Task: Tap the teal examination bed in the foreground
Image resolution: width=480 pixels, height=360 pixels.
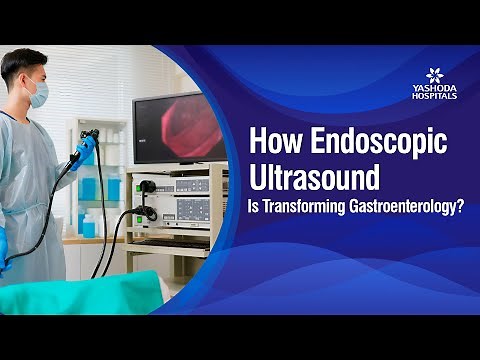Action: pos(80,292)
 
